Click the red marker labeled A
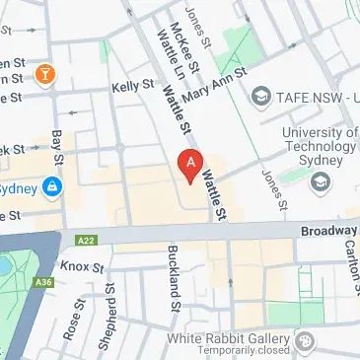click(x=189, y=165)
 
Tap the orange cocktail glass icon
click(x=43, y=74)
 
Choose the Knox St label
click(x=82, y=266)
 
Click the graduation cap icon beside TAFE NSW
click(x=260, y=97)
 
